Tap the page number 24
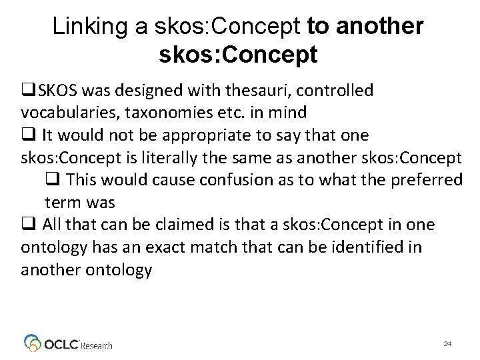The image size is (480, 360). click(447, 343)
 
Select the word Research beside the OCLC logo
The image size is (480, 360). click(97, 345)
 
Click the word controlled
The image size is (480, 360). click(330, 89)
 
